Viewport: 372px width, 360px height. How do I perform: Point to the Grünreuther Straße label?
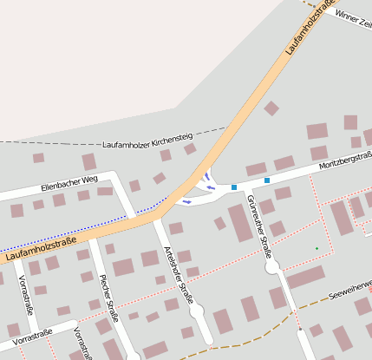click(x=259, y=226)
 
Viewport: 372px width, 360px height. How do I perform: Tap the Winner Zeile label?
click(x=352, y=17)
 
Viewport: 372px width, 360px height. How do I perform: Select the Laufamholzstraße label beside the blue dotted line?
click(x=40, y=246)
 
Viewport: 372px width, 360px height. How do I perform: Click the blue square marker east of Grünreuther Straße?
click(x=267, y=180)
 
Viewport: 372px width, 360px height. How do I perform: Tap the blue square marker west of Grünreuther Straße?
click(x=234, y=187)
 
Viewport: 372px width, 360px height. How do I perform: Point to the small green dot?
click(x=317, y=249)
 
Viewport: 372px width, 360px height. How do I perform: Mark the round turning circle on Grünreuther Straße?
click(x=272, y=265)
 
